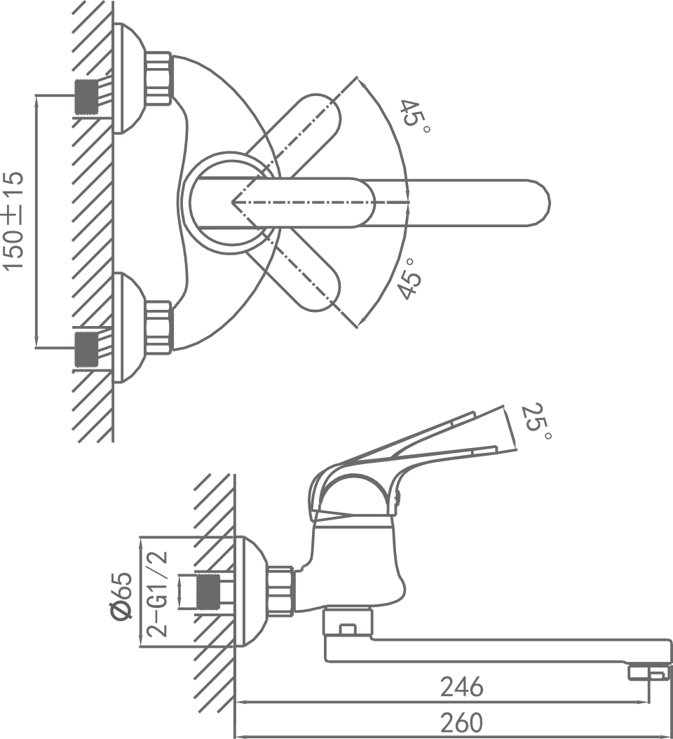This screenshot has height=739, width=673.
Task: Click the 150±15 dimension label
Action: click(15, 220)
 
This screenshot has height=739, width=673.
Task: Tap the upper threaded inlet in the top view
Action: click(88, 97)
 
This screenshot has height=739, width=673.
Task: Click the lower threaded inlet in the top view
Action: click(88, 348)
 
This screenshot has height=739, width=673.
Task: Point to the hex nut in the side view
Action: click(283, 591)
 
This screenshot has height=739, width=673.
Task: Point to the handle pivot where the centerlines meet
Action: click(233, 202)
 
